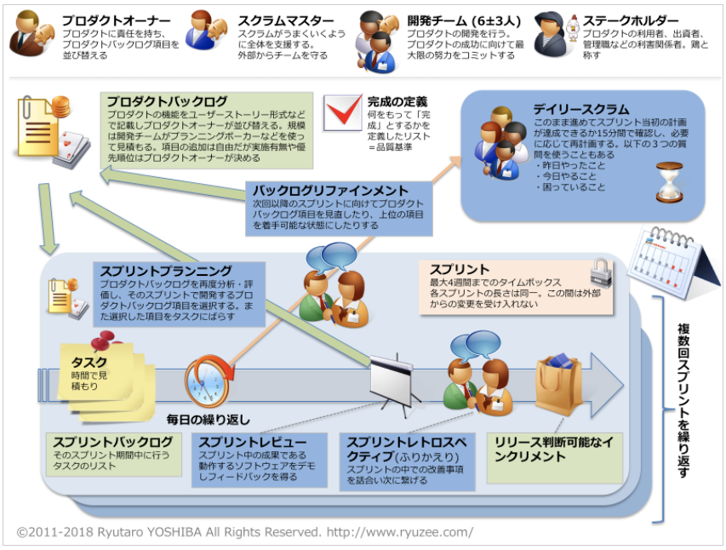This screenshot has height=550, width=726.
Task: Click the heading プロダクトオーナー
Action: pyautogui.click(x=116, y=20)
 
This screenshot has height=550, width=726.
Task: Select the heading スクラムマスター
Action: pyautogui.click(x=285, y=20)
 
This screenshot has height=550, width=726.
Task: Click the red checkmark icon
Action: pyautogui.click(x=343, y=112)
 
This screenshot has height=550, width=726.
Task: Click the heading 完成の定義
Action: pyautogui.click(x=397, y=101)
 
